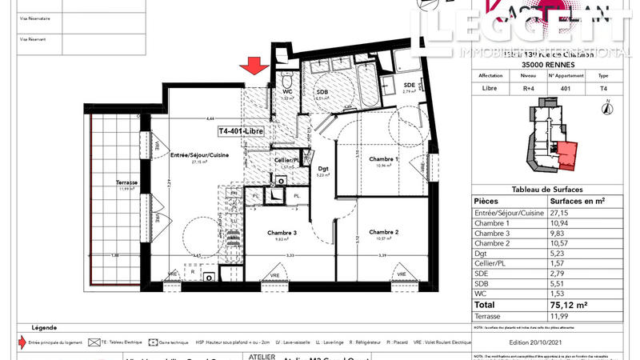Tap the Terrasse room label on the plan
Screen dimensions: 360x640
click(x=126, y=183)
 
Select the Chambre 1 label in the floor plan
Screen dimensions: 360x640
click(x=383, y=159)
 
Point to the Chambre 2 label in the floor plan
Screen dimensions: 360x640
click(x=383, y=232)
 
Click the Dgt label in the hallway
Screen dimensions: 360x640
click(x=323, y=168)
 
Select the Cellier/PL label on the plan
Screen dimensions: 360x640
click(x=285, y=160)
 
